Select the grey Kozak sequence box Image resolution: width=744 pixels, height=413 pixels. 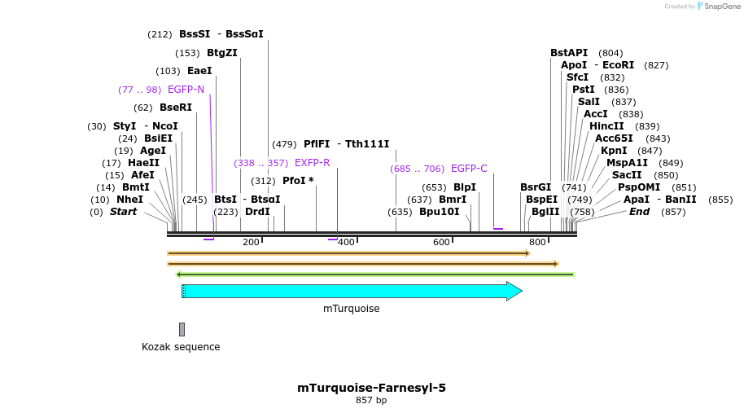click(x=182, y=329)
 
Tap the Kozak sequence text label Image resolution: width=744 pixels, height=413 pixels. click(x=181, y=347)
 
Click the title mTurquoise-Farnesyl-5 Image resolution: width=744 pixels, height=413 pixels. click(x=371, y=388)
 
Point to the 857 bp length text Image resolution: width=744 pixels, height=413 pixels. click(x=371, y=401)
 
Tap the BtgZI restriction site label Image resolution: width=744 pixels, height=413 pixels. click(x=221, y=53)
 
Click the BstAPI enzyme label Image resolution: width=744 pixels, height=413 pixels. click(x=568, y=53)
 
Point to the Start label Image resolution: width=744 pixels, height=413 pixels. click(x=123, y=212)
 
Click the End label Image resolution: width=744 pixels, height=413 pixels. click(x=639, y=212)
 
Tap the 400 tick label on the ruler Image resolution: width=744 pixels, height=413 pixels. click(x=346, y=242)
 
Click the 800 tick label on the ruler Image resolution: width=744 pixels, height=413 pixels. click(x=537, y=242)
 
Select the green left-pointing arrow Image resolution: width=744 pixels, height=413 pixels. click(x=374, y=275)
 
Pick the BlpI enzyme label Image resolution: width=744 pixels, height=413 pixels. click(x=465, y=187)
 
